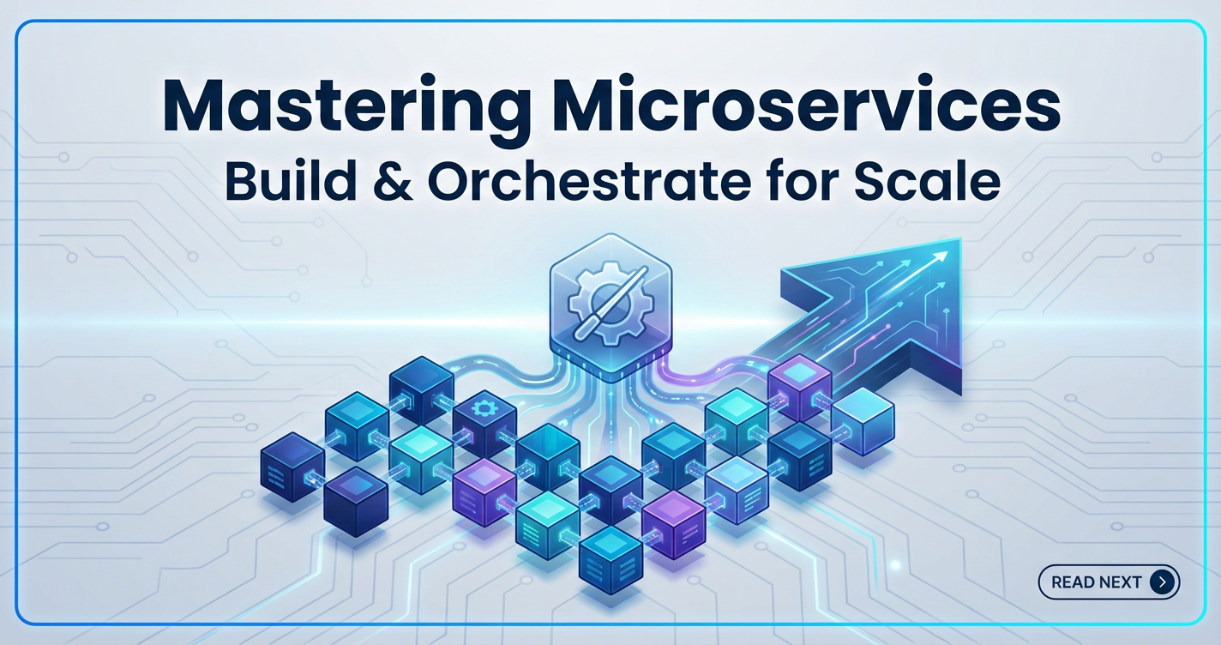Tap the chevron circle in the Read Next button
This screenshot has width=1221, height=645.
[1162, 582]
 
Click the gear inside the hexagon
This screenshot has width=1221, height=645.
[610, 303]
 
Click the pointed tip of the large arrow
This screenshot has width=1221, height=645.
[959, 238]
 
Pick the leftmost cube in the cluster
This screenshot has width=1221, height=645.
[292, 467]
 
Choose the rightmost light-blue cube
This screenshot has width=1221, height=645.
[863, 421]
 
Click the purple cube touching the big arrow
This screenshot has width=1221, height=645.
[800, 387]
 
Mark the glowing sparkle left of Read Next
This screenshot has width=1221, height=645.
[895, 565]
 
